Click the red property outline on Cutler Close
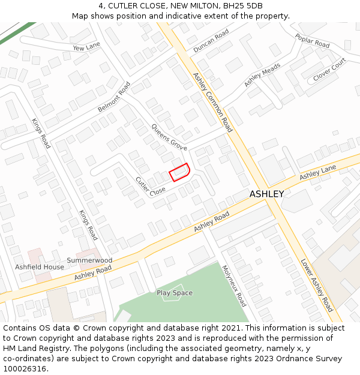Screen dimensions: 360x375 tap(179, 172)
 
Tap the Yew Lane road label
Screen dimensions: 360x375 tap(86, 47)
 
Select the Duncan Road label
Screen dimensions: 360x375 tap(211, 41)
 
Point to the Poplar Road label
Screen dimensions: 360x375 tap(312, 41)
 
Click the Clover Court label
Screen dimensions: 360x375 tap(329, 70)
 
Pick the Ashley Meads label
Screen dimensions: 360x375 tap(262, 75)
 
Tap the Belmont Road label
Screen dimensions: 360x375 tap(114, 97)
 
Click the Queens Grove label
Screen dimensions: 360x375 tap(169, 137)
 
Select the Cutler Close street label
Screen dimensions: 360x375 tap(150, 185)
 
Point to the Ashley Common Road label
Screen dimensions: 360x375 tap(212, 102)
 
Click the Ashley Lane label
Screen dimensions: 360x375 tap(318, 173)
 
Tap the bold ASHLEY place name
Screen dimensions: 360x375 tap(266, 194)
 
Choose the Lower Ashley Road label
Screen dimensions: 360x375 tap(317, 285)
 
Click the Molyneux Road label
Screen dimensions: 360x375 tap(234, 286)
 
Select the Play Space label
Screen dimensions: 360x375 tap(175, 293)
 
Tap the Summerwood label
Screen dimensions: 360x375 tap(89, 260)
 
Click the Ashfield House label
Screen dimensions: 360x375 tap(40, 267)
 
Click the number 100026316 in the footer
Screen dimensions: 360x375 tap(23, 369)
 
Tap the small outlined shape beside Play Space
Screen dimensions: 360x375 tap(170, 298)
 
